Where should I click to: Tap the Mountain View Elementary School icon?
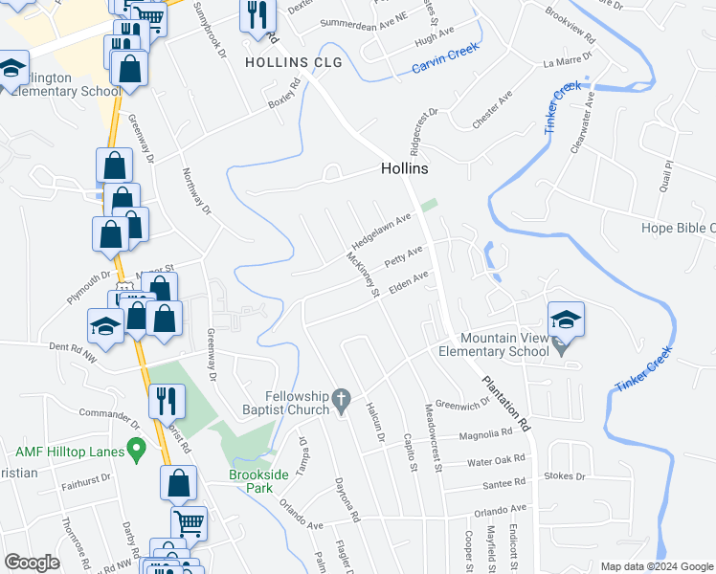pos(567,319)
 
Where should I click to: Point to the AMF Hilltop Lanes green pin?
pos(136,447)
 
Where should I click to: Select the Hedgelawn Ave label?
pos(379,231)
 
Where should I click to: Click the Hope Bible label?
pos(678,228)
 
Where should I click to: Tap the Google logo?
pos(32,563)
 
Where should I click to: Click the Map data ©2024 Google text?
pos(656,566)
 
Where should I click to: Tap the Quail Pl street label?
pos(666,176)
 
